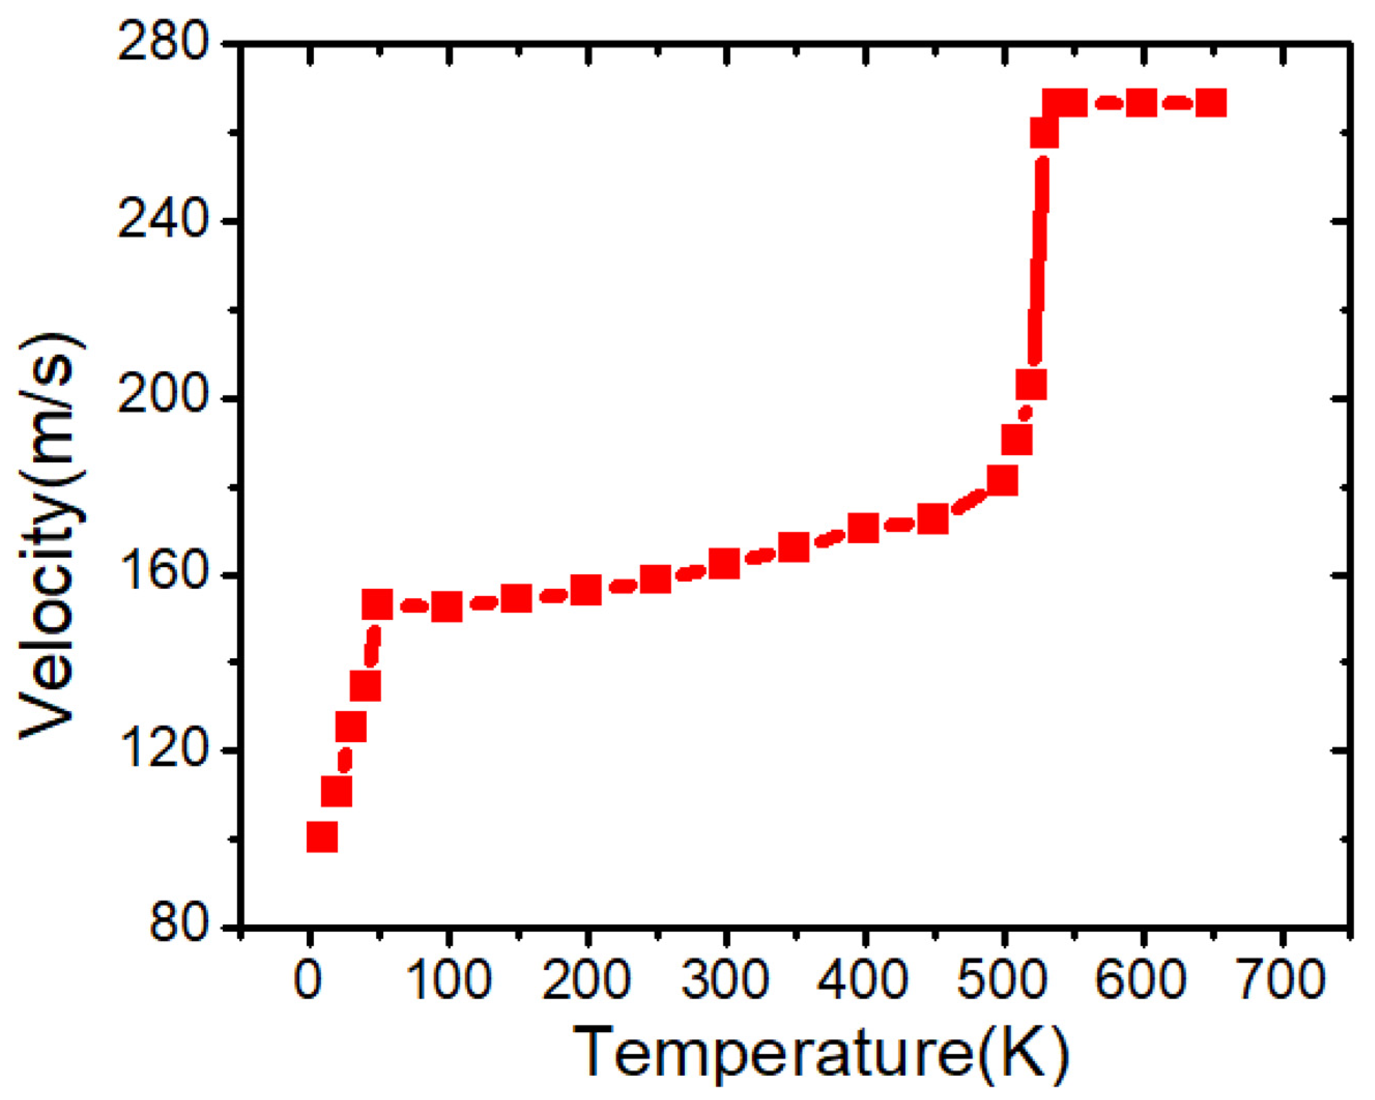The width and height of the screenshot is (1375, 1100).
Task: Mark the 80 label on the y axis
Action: (x=179, y=926)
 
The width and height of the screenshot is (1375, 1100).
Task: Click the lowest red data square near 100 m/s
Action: (x=322, y=837)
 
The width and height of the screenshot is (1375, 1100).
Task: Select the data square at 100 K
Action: (x=447, y=606)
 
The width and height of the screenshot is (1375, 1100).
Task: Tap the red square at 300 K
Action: (x=725, y=563)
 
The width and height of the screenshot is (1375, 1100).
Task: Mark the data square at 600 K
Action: (x=1141, y=103)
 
